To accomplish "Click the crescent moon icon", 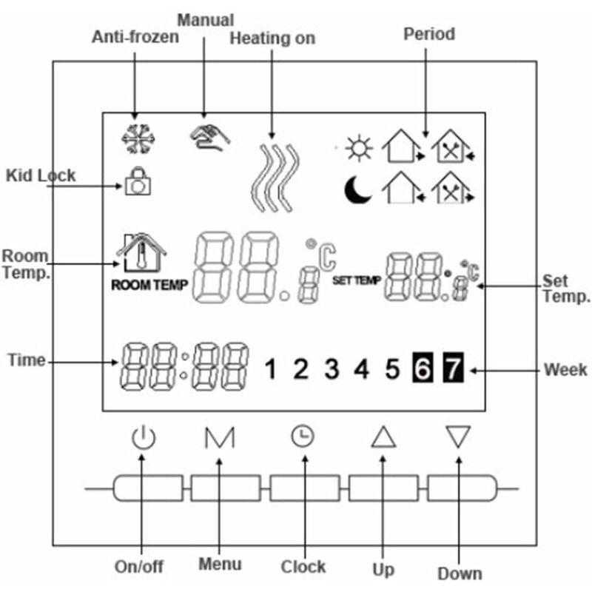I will (x=359, y=191).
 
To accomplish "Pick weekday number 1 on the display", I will (x=272, y=368).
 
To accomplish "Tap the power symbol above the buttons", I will (x=143, y=438).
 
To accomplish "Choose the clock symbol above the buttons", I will (x=301, y=437).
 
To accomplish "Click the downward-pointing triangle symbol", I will (x=459, y=437).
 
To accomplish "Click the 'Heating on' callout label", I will (x=272, y=38).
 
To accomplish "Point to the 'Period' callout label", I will (x=428, y=34).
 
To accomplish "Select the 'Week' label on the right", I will (x=565, y=369).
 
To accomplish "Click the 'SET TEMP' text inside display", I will (x=357, y=281).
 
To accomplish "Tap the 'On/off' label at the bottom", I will (x=139, y=567).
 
